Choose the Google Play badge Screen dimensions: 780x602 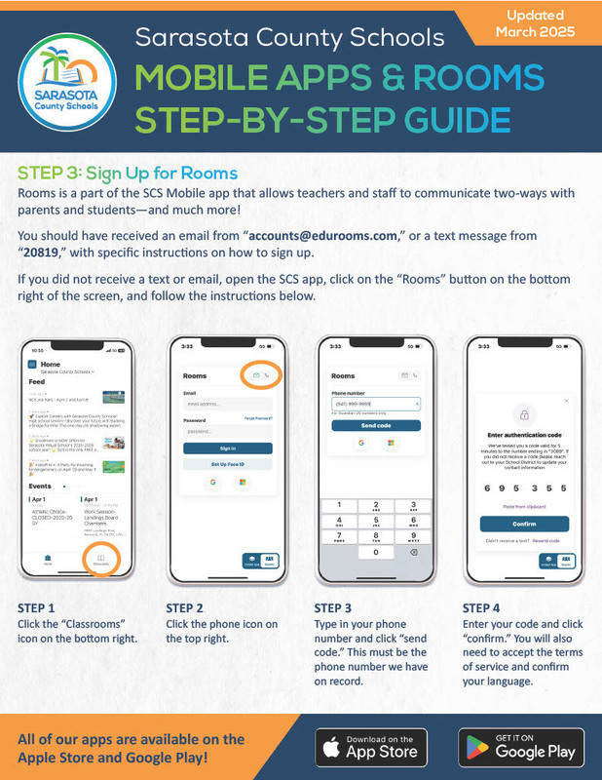coord(523,746)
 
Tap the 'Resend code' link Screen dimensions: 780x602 coord(546,539)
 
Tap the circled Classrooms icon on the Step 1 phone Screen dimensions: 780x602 coord(99,560)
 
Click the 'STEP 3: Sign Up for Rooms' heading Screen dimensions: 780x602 coord(128,173)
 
